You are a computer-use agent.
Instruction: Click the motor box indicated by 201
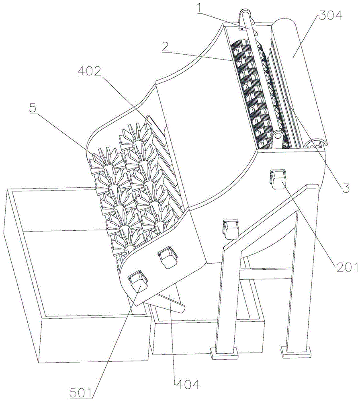pyautogui.click(x=278, y=178)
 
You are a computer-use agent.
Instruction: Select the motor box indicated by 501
pyautogui.click(x=137, y=281)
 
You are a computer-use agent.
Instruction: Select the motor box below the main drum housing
pyautogui.click(x=230, y=229)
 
